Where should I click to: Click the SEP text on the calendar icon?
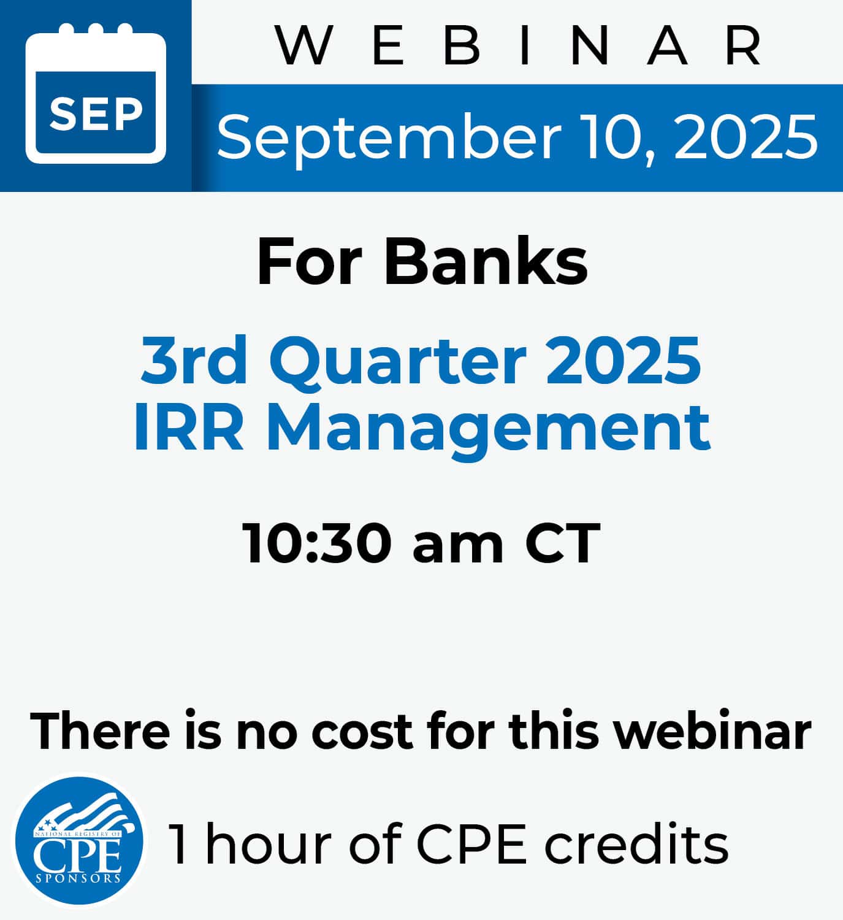click(96, 113)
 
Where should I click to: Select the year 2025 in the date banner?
click(746, 136)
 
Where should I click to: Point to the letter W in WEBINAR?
click(303, 45)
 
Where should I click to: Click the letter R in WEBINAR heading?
click(744, 45)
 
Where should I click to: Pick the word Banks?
click(486, 261)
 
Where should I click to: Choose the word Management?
click(489, 432)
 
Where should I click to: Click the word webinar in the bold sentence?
click(713, 729)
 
